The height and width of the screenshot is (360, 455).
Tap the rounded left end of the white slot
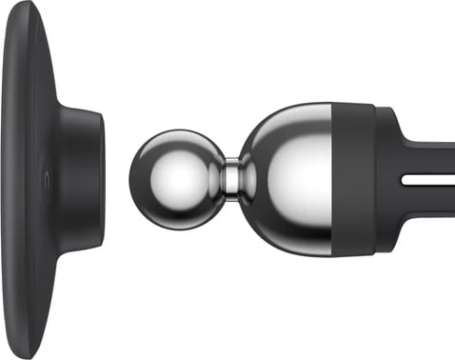[x=404, y=178]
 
